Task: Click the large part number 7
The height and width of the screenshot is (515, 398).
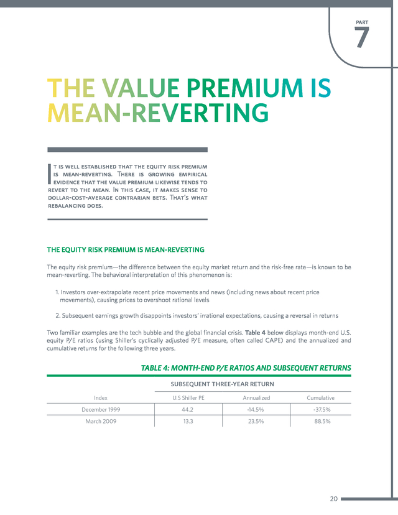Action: [x=361, y=37]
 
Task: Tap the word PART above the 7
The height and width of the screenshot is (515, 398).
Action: [x=362, y=22]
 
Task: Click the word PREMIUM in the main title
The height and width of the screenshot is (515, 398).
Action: [x=244, y=88]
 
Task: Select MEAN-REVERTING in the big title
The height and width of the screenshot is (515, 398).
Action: [x=158, y=113]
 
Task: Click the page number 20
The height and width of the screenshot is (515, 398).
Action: [x=334, y=499]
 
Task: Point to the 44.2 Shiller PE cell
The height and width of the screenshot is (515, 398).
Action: [x=188, y=409]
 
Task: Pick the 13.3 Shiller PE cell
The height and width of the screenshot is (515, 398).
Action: [x=188, y=422]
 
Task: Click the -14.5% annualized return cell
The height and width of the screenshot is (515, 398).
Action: [x=256, y=409]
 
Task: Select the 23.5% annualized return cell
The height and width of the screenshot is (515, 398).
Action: [x=256, y=422]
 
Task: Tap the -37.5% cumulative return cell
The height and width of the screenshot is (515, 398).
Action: [x=322, y=409]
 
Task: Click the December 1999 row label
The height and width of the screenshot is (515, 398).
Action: [x=101, y=409]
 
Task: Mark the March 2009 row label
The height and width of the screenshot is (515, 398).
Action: [x=101, y=422]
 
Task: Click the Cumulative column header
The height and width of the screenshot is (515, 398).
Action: [x=320, y=397]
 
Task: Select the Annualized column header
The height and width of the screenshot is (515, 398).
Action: [x=256, y=397]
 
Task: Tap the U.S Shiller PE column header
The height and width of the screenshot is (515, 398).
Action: [x=188, y=397]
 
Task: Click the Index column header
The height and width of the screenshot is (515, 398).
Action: [x=101, y=397]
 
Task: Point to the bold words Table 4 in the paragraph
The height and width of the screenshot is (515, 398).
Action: [x=255, y=332]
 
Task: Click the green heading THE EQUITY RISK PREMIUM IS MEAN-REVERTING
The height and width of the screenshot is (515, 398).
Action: [x=126, y=249]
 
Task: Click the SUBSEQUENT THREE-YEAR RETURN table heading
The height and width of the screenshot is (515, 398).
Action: [x=222, y=384]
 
